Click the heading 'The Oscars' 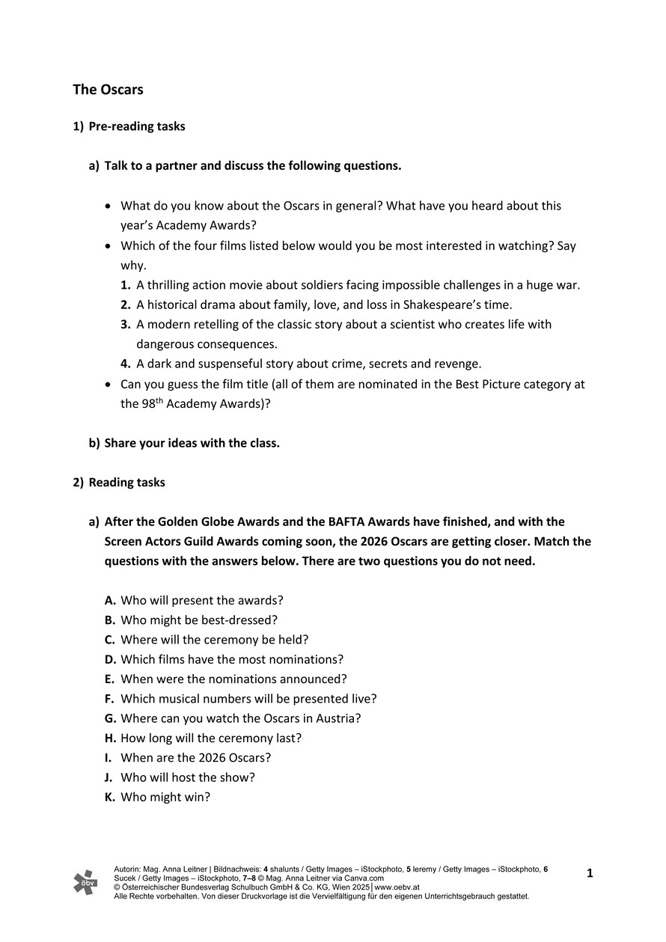click(108, 90)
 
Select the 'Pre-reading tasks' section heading click(136, 126)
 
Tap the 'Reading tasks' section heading click(126, 483)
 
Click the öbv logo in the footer click(85, 882)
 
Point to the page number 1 click(590, 873)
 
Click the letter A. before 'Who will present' click(110, 601)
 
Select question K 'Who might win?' click(165, 798)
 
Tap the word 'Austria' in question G click(340, 719)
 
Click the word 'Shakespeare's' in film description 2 click(438, 305)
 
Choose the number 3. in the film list click(126, 325)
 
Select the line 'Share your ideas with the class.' click(192, 443)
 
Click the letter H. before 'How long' click(110, 738)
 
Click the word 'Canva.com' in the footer click(364, 878)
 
